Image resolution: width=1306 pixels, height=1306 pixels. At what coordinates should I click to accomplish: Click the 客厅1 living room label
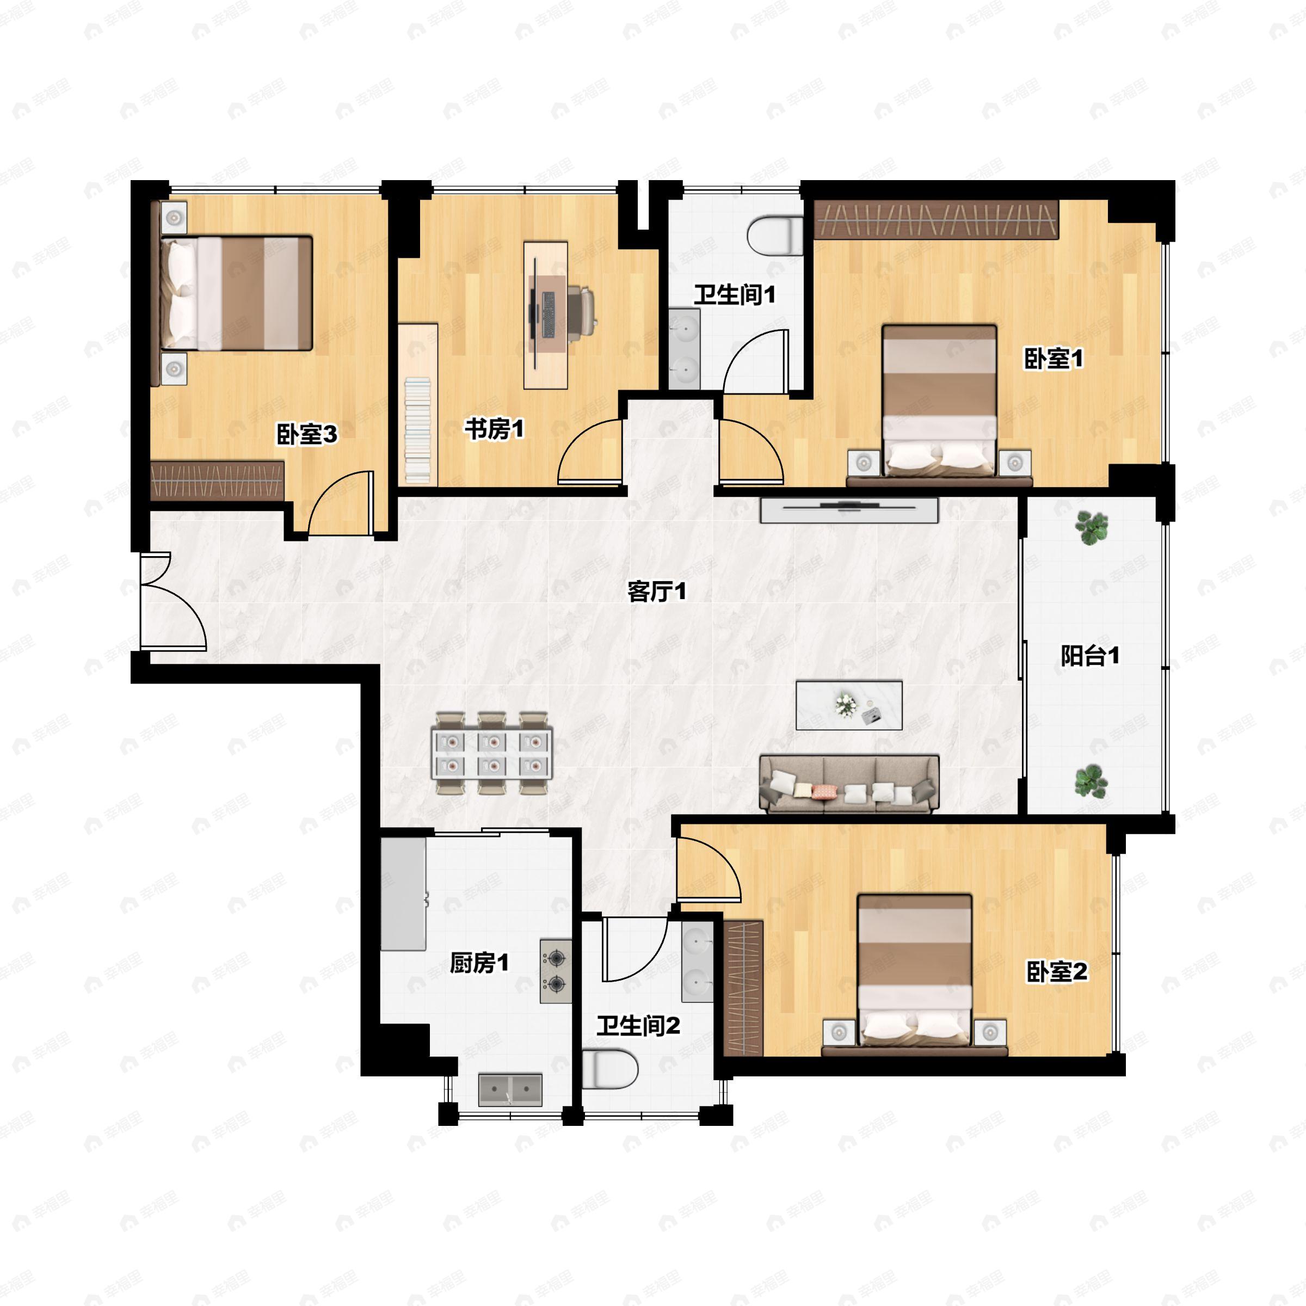656,592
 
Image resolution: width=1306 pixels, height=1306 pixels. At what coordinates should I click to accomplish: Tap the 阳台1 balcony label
1089,655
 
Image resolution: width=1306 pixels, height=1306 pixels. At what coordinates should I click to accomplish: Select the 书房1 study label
494,429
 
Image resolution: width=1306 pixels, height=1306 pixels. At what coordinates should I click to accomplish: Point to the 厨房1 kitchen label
479,963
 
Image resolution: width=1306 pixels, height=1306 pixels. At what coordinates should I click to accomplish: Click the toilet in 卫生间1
775,235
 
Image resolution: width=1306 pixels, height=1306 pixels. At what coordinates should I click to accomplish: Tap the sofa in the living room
849,784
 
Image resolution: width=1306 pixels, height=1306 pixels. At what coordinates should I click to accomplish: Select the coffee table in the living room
849,705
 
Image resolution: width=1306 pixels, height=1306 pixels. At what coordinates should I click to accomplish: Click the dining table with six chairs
492,753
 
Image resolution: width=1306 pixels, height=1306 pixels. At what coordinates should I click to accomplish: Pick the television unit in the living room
849,510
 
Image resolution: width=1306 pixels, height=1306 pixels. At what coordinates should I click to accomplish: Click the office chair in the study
581,310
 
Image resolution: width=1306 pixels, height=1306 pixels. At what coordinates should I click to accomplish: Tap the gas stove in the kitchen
556,971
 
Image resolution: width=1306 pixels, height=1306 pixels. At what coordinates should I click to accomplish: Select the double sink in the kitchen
510,1089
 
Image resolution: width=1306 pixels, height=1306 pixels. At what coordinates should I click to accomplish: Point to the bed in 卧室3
236,293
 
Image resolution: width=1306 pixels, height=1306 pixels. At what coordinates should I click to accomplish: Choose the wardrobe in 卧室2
743,988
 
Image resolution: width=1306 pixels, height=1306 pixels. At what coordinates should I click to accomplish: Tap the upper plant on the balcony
1091,527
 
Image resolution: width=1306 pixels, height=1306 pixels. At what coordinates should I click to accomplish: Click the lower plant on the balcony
1091,781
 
